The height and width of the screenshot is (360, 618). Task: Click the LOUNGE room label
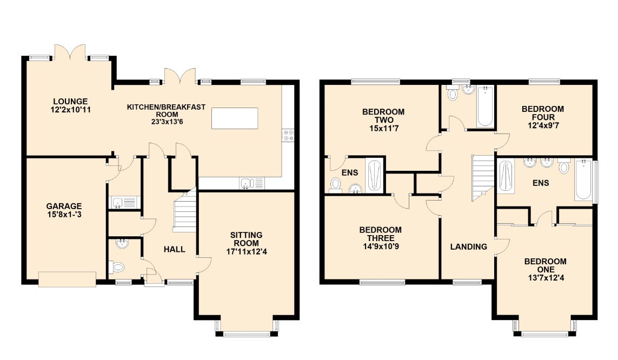(x=70, y=101)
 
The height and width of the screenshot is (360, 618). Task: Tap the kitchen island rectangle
(x=235, y=118)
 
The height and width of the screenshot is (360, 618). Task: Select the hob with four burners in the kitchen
(x=288, y=135)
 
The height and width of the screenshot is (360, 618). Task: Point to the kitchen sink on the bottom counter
(x=246, y=184)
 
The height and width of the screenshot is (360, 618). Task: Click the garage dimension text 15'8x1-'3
(x=64, y=215)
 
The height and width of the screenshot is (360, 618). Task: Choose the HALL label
(x=175, y=249)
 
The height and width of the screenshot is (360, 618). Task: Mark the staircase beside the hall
(x=185, y=213)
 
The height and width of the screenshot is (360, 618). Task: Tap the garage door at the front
(x=68, y=279)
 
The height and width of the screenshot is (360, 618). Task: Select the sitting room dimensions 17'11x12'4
(x=247, y=244)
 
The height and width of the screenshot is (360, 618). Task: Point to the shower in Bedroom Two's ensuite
(x=374, y=176)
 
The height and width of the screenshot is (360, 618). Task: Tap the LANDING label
(x=469, y=246)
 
